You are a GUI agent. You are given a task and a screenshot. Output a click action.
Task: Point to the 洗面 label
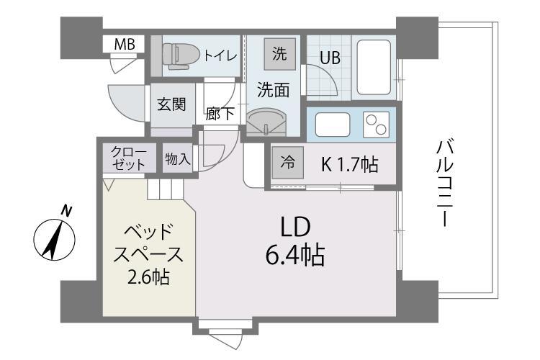click(x=274, y=90)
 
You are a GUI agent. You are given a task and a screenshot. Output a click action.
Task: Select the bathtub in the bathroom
click(x=375, y=67)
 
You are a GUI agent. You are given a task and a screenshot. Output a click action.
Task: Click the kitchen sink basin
click(x=333, y=125)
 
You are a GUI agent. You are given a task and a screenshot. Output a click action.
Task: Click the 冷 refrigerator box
click(x=287, y=163)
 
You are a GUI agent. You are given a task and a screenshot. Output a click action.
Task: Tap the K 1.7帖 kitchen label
click(x=349, y=164)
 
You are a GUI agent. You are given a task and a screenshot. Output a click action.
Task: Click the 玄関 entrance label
click(x=171, y=104)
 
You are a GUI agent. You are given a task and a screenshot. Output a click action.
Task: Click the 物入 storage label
click(x=177, y=158)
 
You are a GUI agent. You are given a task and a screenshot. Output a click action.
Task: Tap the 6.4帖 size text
click(x=294, y=255)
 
